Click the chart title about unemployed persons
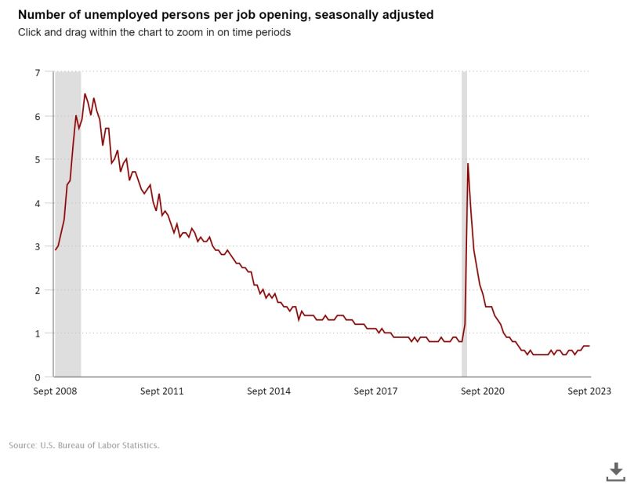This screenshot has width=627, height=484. (x=226, y=15)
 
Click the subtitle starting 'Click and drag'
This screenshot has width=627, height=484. (x=155, y=32)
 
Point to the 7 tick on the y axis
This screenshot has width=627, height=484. (x=37, y=73)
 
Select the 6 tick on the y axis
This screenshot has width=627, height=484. (x=37, y=116)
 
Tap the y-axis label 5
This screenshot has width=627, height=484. (x=37, y=159)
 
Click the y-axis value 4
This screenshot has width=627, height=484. (x=37, y=203)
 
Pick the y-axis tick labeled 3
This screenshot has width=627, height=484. (x=37, y=246)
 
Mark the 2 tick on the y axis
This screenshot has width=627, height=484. (x=37, y=290)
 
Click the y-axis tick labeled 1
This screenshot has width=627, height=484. (x=37, y=333)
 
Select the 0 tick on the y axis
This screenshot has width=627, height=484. (x=37, y=377)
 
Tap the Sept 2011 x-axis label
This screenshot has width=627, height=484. (x=161, y=391)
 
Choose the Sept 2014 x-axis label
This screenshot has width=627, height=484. (x=268, y=391)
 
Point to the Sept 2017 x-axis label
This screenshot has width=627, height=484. (x=375, y=391)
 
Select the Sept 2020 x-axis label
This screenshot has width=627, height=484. (x=482, y=391)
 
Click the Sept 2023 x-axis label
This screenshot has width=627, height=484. (x=589, y=391)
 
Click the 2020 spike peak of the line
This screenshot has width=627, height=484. (x=468, y=164)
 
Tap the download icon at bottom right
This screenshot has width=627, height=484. (x=616, y=471)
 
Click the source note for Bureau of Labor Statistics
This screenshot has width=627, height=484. (x=84, y=446)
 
